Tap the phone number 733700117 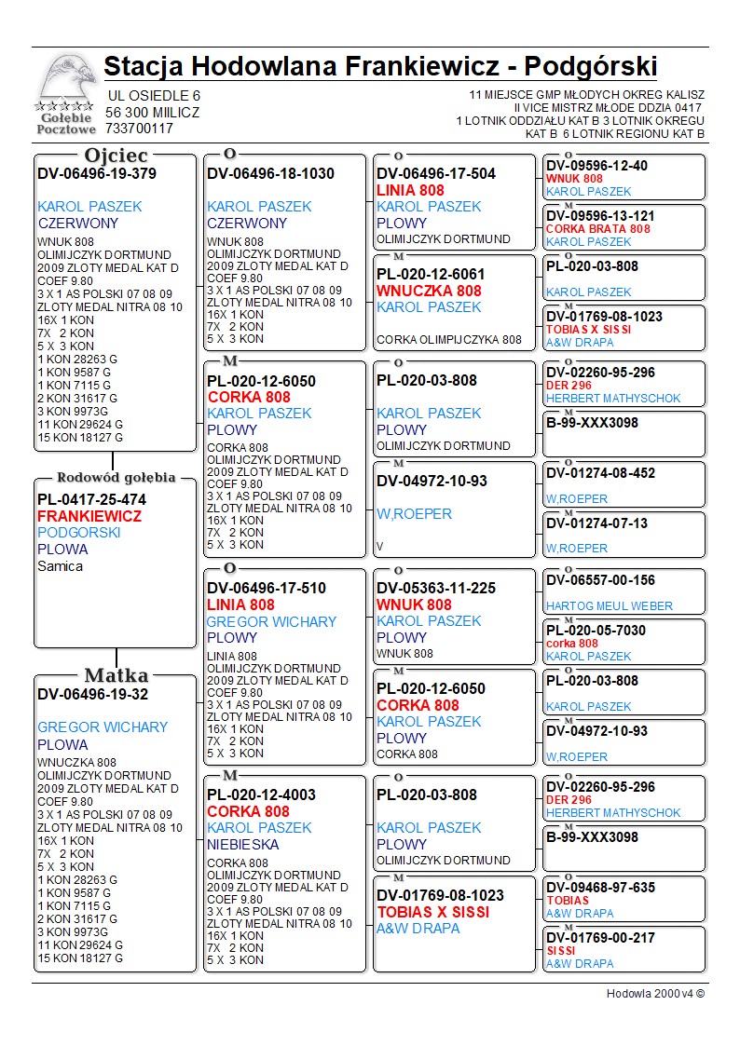pos(140,129)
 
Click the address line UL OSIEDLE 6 pos(154,96)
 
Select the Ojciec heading pos(116,156)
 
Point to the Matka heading pos(116,675)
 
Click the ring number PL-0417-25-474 pos(91,499)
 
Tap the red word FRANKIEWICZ pos(89,516)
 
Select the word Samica pos(60,566)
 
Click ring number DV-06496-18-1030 pos(270,173)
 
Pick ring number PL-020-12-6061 pos(431,274)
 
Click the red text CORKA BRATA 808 pos(597,229)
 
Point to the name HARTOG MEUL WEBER pos(609,606)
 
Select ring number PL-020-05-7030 pos(596,631)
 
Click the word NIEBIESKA pos(243,845)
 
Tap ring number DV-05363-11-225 pos(436,588)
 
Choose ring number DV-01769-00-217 pos(600,938)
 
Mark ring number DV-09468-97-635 pos(600,888)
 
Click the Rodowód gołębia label pos(116,478)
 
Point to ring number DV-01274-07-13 pos(596,523)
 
